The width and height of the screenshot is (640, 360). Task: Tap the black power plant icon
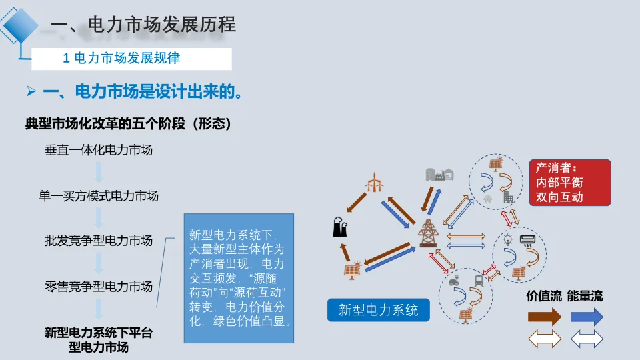[x=340, y=227]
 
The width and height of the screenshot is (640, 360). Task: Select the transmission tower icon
[x=427, y=233]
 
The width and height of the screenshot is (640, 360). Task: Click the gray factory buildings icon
[x=439, y=174]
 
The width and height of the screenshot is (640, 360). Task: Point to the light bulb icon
[x=507, y=240]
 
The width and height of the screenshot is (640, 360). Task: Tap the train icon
[x=479, y=281]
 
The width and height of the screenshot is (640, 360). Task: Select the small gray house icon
[x=488, y=198]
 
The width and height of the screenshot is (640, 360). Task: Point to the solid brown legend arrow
[x=545, y=317]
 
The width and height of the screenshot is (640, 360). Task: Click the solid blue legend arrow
[x=587, y=317]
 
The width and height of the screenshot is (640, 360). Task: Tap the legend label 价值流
[x=544, y=296]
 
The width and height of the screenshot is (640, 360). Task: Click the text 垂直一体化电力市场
[x=99, y=150]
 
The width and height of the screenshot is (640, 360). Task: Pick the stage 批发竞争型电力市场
[x=99, y=241]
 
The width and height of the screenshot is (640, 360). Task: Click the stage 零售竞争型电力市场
[x=99, y=287]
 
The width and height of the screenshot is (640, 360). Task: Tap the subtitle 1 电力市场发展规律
[x=121, y=59]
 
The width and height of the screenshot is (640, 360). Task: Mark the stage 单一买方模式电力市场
[x=99, y=196]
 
